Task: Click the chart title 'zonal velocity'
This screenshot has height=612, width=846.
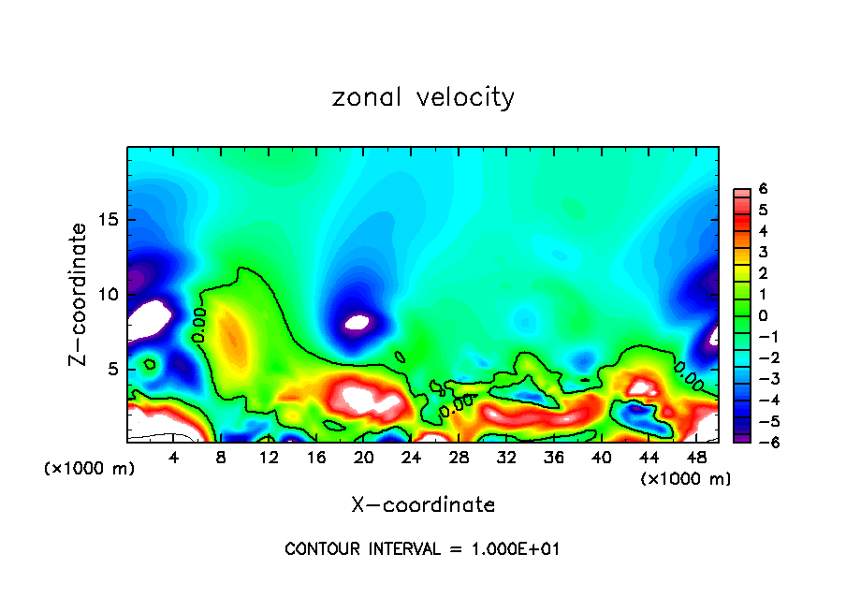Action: [423, 97]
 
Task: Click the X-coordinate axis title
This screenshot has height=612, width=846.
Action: [423, 505]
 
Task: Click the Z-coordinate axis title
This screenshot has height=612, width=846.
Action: [79, 294]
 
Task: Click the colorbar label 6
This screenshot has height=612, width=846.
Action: [763, 189]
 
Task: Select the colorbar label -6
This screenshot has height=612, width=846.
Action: [761, 442]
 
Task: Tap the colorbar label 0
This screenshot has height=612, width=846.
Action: [763, 315]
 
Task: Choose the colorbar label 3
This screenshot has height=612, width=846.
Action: [763, 252]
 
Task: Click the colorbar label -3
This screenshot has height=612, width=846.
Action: [761, 378]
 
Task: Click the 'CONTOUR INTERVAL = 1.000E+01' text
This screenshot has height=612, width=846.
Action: [423, 549]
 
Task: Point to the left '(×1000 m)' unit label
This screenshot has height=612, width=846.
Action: [90, 469]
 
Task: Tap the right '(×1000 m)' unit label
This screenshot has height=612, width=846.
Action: [685, 479]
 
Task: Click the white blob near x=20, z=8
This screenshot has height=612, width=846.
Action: [357, 323]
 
